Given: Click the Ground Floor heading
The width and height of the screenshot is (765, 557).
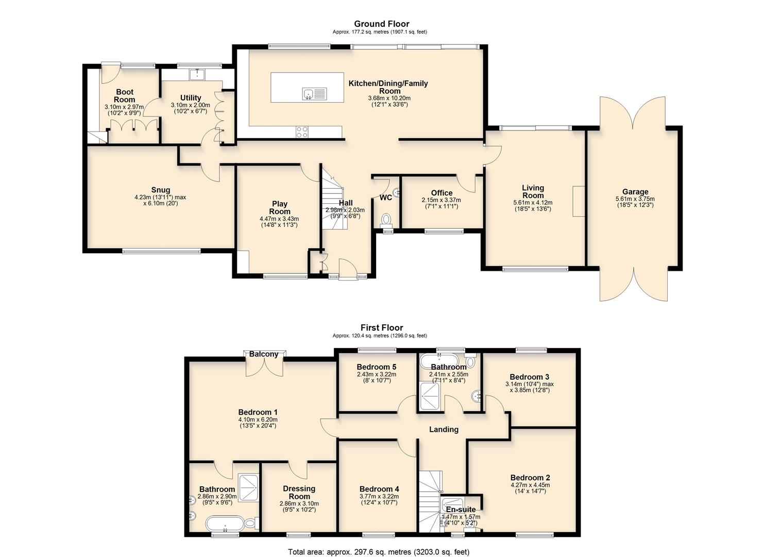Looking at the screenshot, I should click(381, 24).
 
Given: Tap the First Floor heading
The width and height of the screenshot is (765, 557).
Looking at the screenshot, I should click(381, 327).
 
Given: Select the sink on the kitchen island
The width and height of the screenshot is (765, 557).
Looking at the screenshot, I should click(314, 94).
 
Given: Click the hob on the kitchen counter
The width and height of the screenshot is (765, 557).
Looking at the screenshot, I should click(301, 132).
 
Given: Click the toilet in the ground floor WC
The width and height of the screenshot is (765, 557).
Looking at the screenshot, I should click(386, 221).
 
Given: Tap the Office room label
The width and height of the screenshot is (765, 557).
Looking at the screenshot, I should click(441, 193).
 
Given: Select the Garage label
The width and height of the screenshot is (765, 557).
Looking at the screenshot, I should click(635, 192).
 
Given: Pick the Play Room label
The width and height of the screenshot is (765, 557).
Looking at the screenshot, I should click(280, 207).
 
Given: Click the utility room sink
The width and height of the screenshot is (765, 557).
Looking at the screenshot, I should click(197, 75).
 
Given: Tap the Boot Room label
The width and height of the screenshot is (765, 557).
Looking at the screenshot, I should click(125, 96).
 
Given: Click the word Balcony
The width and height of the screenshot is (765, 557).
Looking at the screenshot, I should click(264, 354).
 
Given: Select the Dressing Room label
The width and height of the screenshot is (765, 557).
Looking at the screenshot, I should click(299, 492).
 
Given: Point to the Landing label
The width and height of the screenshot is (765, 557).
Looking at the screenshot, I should click(444, 429).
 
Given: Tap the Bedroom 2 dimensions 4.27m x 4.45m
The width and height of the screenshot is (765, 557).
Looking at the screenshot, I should click(530, 485).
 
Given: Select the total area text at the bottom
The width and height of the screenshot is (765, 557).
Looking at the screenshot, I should click(379, 552).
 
